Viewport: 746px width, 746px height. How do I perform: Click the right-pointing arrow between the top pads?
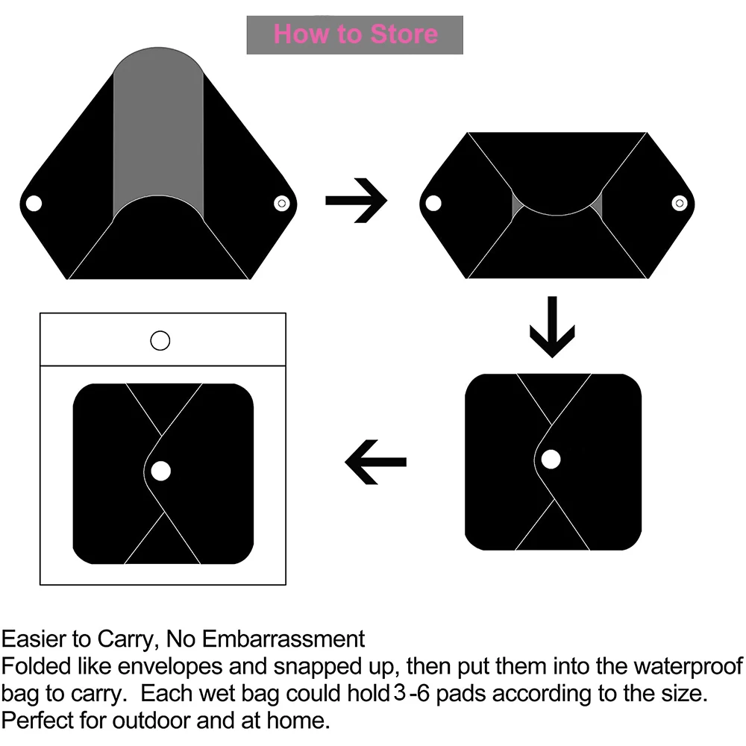pos(356,201)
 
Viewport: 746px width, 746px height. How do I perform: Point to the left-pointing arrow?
pos(375,462)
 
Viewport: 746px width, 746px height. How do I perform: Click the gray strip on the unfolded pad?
pos(157,134)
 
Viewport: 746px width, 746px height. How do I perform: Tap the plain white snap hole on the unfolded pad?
pos(33,203)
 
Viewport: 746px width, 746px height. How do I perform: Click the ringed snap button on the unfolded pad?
pos(281,203)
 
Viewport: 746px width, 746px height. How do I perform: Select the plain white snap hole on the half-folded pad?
pos(431,202)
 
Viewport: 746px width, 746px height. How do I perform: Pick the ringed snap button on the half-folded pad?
pos(679,202)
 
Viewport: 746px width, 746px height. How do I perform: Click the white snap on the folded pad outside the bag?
pos(551,460)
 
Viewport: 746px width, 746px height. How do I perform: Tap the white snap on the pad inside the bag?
pos(160,471)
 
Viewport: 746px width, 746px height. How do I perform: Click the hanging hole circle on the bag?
pos(160,341)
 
